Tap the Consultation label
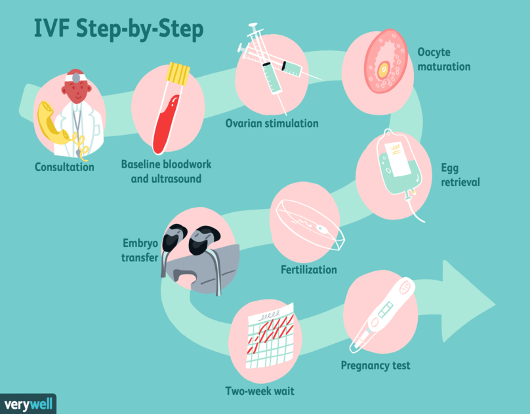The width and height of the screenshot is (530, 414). click(64, 167)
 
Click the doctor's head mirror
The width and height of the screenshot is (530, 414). click(77, 78)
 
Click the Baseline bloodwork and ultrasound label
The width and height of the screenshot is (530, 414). click(166, 172)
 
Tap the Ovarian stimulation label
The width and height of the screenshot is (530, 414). click(272, 123)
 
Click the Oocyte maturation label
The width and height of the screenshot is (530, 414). click(443, 59)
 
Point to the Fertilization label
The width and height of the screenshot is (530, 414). click(308, 270)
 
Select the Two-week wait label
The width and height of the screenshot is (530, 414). click(259, 392)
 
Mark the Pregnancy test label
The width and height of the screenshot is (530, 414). click(375, 366)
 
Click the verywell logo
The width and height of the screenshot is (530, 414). click(27, 403)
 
